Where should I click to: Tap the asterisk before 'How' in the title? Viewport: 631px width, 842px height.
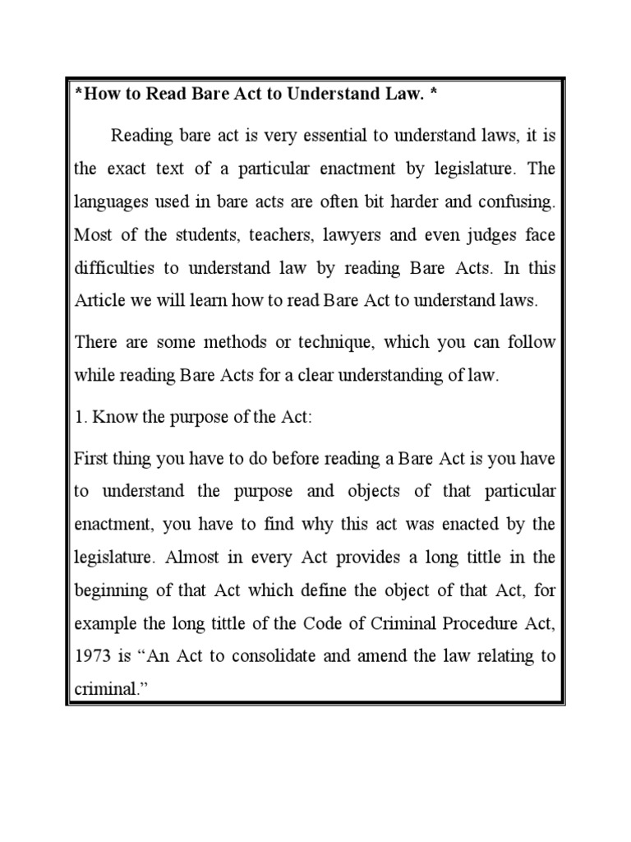[78, 94]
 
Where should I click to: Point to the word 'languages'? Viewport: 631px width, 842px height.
[108, 201]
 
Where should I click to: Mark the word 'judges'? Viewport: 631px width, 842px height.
[491, 235]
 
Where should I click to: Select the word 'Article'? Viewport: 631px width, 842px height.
[95, 301]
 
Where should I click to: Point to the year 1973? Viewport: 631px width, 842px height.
[92, 655]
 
